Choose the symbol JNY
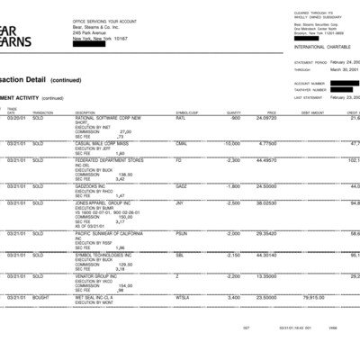click(x=180, y=203)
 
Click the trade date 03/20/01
click(x=16, y=117)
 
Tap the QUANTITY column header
click(x=234, y=112)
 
